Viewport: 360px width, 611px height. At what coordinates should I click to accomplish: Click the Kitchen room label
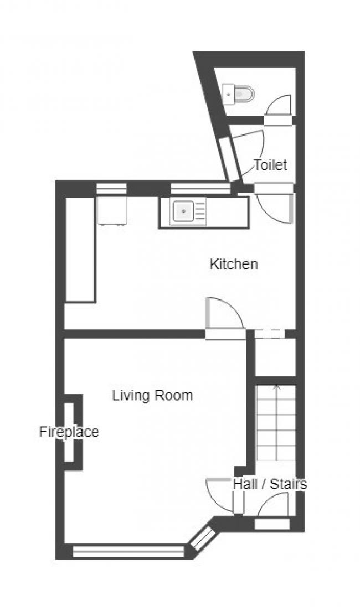(x=233, y=264)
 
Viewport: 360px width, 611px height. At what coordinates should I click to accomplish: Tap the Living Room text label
(x=152, y=396)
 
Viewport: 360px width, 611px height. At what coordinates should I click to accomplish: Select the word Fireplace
(x=69, y=432)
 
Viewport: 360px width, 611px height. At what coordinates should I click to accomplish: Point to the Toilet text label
(x=270, y=165)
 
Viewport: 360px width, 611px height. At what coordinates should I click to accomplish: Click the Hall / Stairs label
(x=269, y=484)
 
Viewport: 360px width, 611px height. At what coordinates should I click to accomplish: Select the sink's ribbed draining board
(x=199, y=211)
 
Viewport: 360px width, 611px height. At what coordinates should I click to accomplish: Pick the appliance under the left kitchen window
(x=112, y=210)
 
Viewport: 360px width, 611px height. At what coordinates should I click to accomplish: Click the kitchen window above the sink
(x=200, y=189)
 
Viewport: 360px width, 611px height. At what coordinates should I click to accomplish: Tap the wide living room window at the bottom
(x=128, y=551)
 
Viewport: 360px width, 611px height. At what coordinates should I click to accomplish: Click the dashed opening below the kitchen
(x=270, y=333)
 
